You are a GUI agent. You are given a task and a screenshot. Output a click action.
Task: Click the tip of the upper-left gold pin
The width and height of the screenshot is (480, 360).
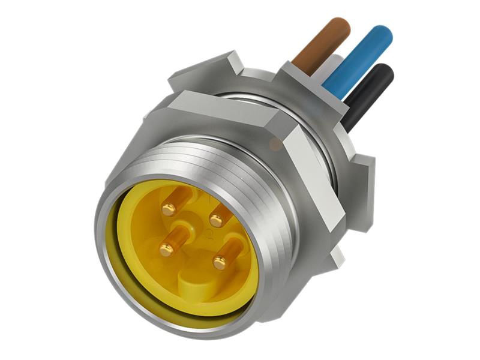(169, 209)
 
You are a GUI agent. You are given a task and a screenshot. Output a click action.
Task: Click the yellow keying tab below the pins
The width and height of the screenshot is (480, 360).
(192, 282)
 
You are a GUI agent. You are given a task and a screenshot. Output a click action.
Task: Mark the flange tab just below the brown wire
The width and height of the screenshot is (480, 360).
(306, 81)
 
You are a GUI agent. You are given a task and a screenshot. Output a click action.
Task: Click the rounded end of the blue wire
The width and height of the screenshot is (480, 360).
(382, 35)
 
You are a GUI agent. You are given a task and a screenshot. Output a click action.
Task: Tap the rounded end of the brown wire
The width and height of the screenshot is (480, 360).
(340, 26)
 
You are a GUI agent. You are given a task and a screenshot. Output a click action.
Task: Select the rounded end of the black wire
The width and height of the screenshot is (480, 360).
(384, 73)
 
